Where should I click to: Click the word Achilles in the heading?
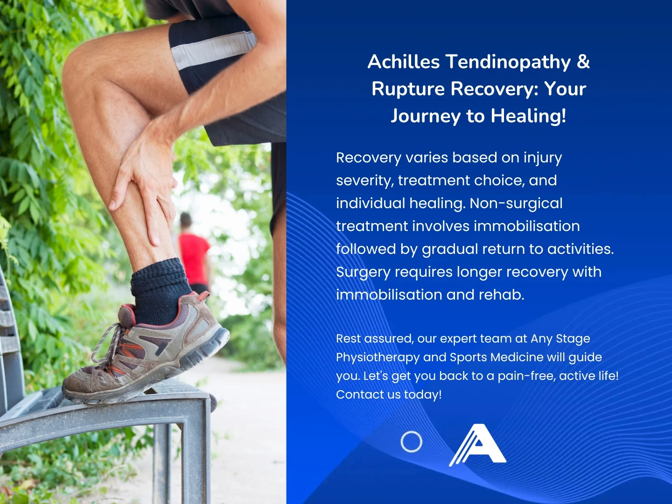tap(404, 62)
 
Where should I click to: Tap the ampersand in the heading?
tap(583, 62)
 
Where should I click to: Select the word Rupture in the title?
tap(408, 89)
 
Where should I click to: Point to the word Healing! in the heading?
tap(528, 116)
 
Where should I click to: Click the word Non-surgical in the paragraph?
tap(516, 203)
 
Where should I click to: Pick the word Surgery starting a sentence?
tap(364, 272)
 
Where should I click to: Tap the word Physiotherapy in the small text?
tap(378, 357)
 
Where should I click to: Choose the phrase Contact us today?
tap(389, 394)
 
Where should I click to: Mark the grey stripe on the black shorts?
tap(214, 49)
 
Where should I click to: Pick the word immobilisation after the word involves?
tap(526, 226)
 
